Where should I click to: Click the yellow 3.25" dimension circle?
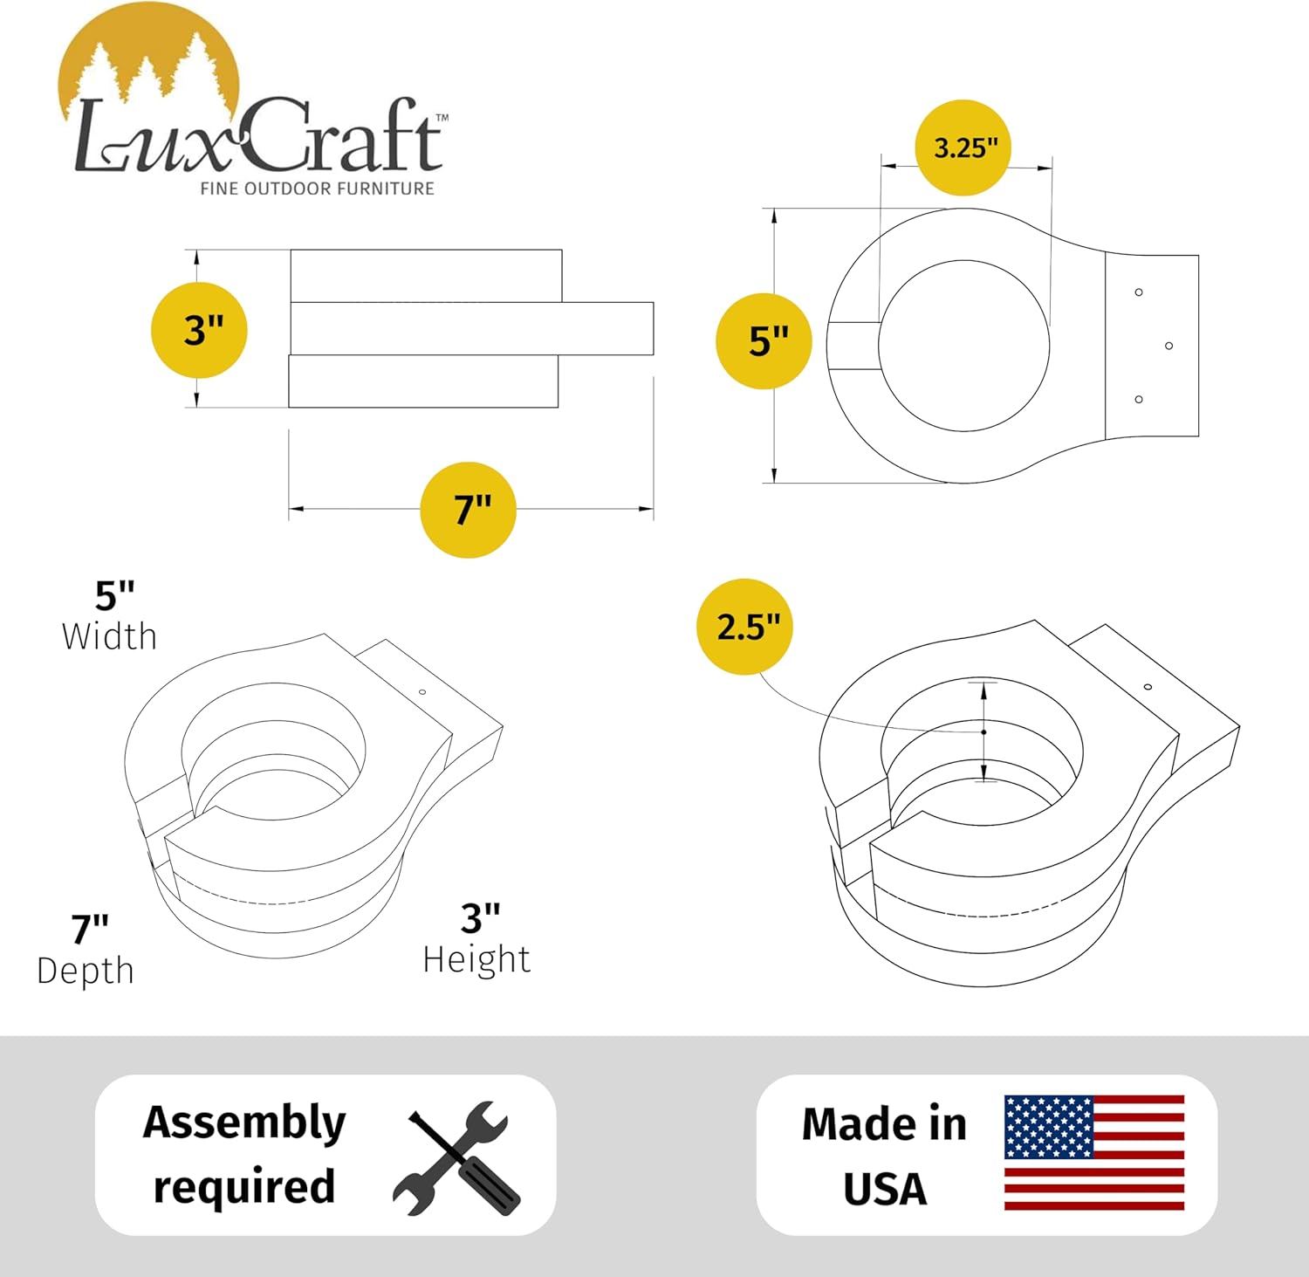pyautogui.click(x=963, y=148)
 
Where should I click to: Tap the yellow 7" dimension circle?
pyautogui.click(x=469, y=510)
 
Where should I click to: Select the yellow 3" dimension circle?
pyautogui.click(x=200, y=330)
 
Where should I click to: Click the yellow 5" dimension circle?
pyautogui.click(x=764, y=341)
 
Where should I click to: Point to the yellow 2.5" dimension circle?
pyautogui.click(x=744, y=627)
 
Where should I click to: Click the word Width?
pyautogui.click(x=109, y=637)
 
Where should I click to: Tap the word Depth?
pyautogui.click(x=86, y=971)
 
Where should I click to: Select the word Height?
pyautogui.click(x=476, y=959)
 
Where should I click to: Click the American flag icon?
pyautogui.click(x=1094, y=1152)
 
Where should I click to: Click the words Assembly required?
pyautogui.click(x=244, y=1154)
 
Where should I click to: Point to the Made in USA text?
pyautogui.click(x=884, y=1156)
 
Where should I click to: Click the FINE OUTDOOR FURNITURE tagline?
pyautogui.click(x=317, y=189)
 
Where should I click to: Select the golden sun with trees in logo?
pyautogui.click(x=148, y=61)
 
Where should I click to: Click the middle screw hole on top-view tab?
pyautogui.click(x=1169, y=346)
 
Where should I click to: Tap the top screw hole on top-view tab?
pyautogui.click(x=1139, y=292)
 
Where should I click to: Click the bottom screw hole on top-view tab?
pyautogui.click(x=1139, y=399)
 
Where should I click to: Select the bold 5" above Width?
pyautogui.click(x=114, y=596)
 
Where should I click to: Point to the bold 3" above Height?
pyautogui.click(x=480, y=918)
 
